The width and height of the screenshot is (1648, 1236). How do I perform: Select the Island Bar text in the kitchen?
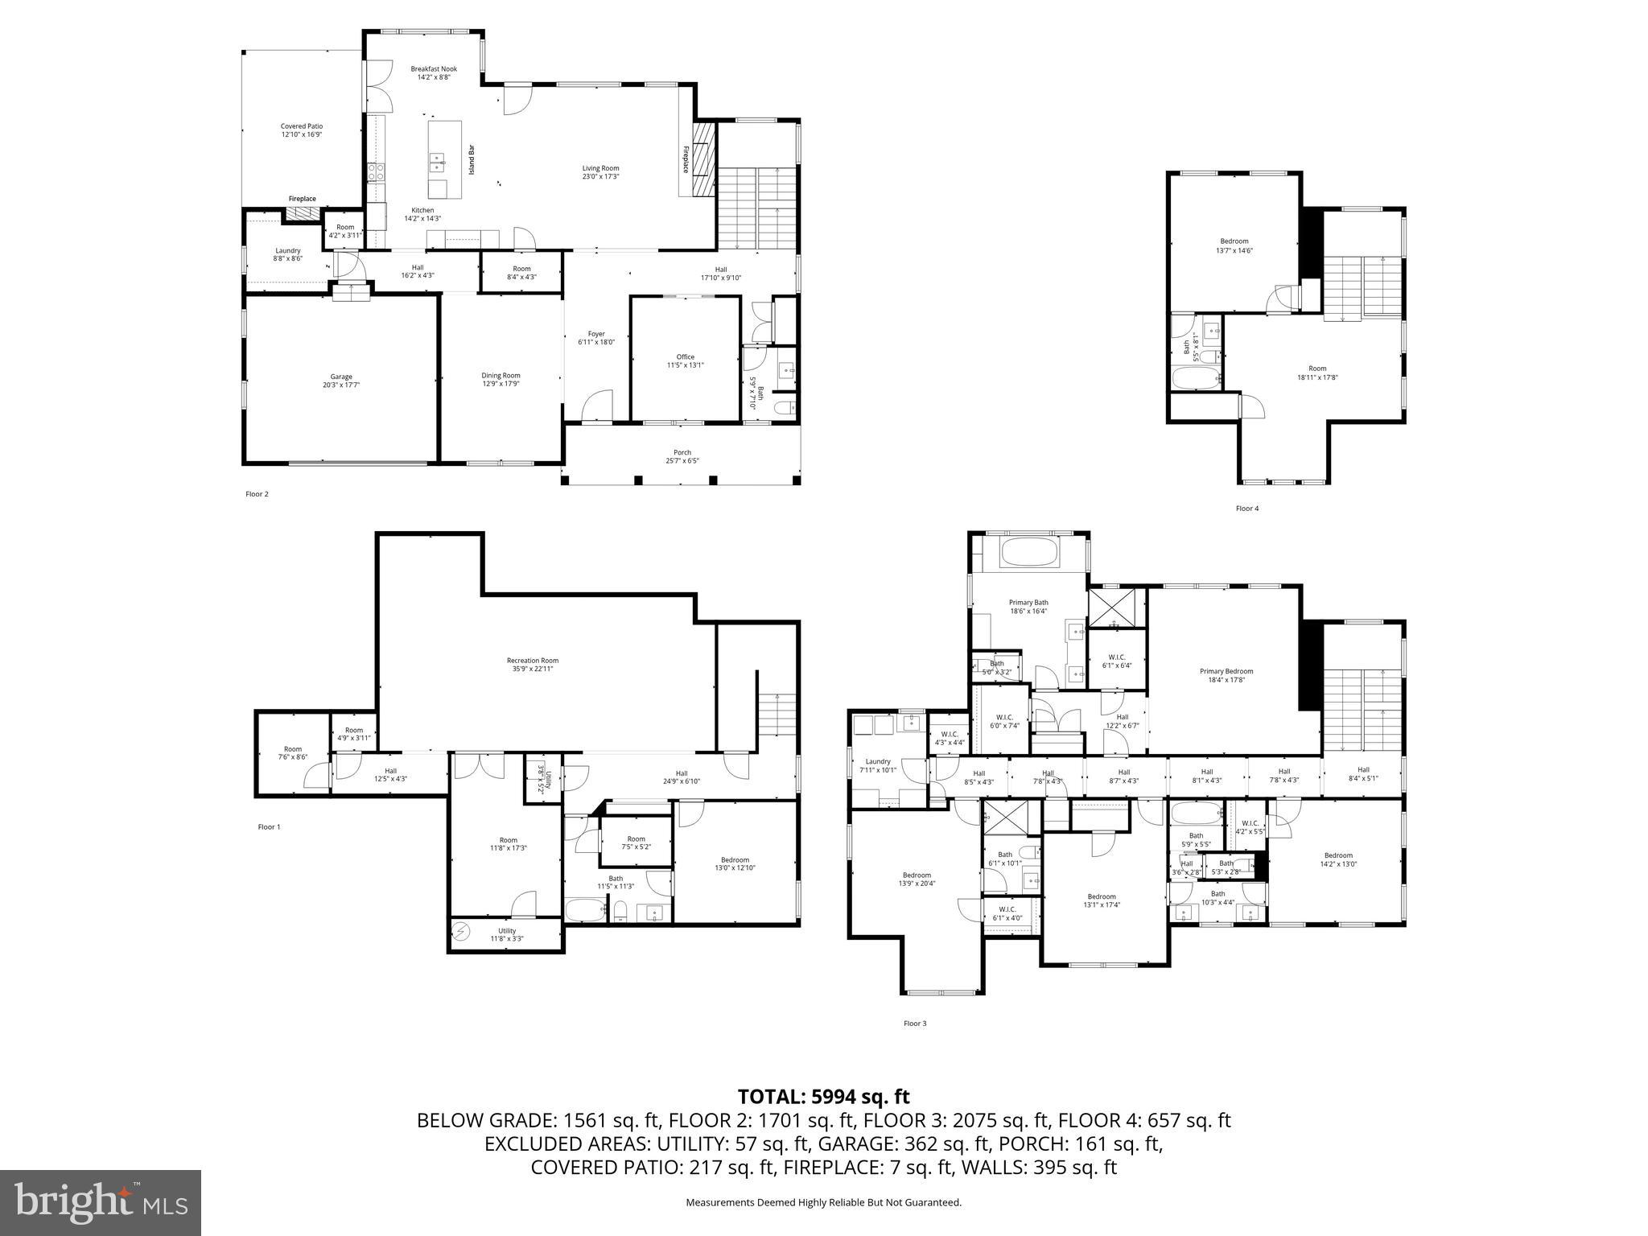[x=472, y=160]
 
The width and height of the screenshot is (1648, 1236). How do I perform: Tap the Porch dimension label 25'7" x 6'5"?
[x=682, y=461]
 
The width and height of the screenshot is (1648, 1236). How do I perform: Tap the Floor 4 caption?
[x=1246, y=509]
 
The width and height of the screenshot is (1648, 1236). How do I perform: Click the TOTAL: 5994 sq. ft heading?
[x=823, y=1097]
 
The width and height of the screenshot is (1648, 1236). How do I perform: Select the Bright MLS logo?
[x=101, y=1202]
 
